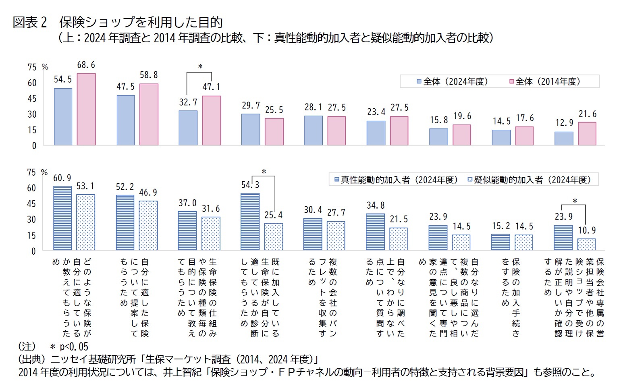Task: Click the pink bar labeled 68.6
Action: (x=86, y=109)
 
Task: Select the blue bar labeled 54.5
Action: (x=63, y=116)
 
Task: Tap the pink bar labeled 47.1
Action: (x=212, y=120)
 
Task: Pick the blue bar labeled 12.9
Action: (x=564, y=138)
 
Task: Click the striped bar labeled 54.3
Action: (x=250, y=222)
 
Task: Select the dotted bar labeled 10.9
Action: (x=586, y=244)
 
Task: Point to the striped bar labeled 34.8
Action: (x=375, y=232)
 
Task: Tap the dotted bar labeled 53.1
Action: (x=85, y=222)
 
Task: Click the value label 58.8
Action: (x=149, y=75)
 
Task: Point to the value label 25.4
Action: (x=273, y=216)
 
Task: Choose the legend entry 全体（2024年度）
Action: (x=452, y=82)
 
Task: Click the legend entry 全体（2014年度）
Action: (x=544, y=82)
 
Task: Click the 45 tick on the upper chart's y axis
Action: (x=32, y=99)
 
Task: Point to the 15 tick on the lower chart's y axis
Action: (x=32, y=235)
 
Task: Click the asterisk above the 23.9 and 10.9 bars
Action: (x=575, y=201)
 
